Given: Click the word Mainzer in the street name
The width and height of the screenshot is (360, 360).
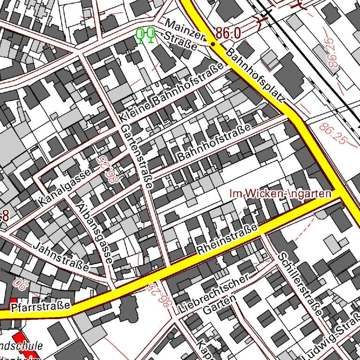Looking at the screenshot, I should (x=186, y=29).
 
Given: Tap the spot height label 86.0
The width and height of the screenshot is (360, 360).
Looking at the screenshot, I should (x=228, y=33).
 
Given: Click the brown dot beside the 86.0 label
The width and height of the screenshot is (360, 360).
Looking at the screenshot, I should (x=213, y=44).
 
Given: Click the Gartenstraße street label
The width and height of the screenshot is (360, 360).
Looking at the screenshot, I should (x=136, y=157).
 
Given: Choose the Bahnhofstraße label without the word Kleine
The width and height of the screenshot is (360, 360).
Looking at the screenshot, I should (x=214, y=142).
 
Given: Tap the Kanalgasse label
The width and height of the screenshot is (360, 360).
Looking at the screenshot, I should (x=64, y=188).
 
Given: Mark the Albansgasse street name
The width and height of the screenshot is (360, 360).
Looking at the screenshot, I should (x=95, y=233).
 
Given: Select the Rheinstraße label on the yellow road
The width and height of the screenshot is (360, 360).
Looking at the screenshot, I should (x=228, y=240).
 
